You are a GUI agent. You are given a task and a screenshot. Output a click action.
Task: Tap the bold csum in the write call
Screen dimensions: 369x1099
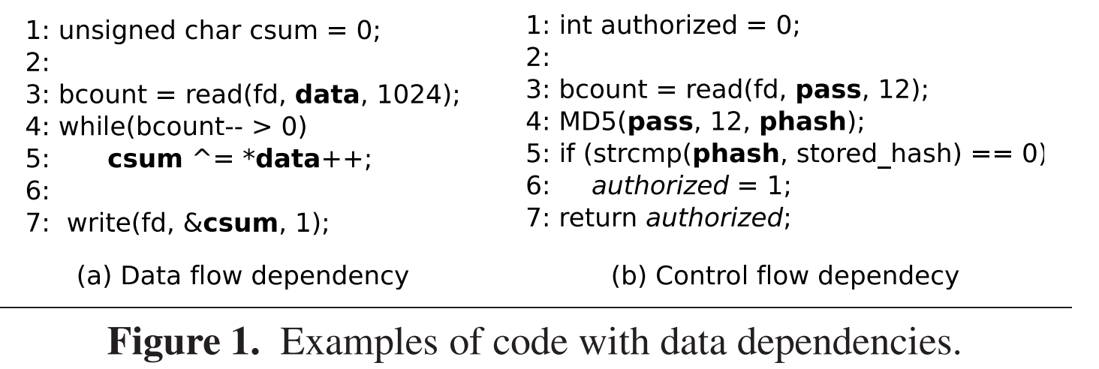[241, 223]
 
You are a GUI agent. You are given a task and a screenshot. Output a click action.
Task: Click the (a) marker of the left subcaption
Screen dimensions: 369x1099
[95, 276]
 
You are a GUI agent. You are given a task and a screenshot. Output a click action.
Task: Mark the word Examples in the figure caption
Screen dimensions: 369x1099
[353, 342]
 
